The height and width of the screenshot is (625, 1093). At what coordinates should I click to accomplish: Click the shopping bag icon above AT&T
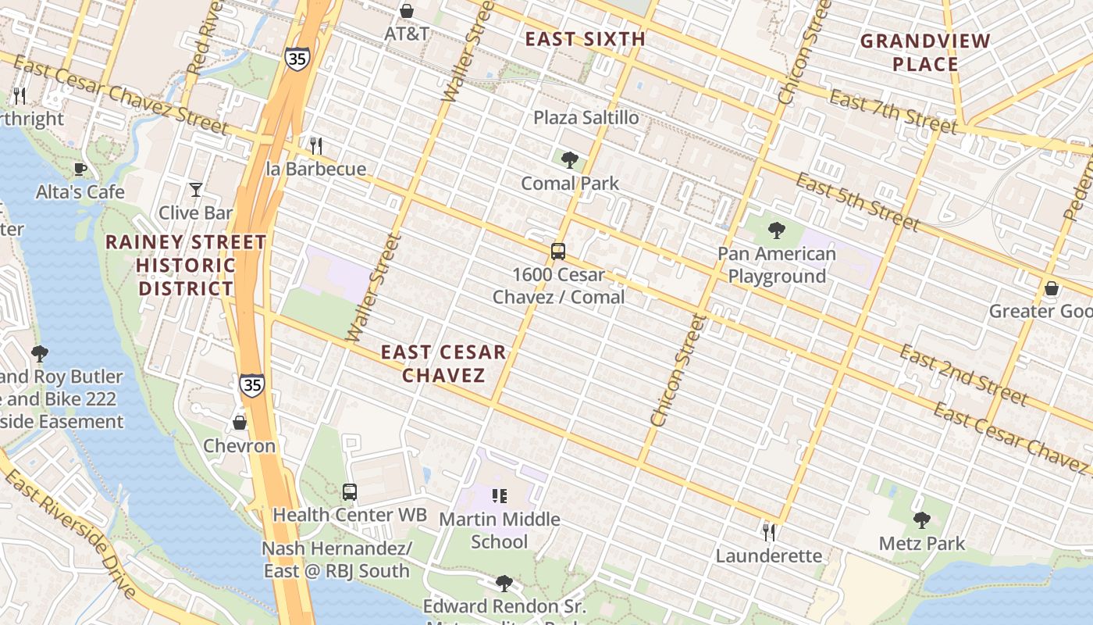[406, 11]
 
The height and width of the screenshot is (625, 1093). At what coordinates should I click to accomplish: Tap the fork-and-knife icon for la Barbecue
[316, 145]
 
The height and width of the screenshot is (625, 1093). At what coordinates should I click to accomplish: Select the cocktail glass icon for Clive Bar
[195, 189]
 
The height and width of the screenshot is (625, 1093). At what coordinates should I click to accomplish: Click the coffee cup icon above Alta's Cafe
[80, 169]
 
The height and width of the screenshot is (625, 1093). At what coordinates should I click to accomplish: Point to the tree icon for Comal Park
[570, 160]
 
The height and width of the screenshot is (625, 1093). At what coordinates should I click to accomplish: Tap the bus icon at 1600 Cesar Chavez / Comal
[558, 252]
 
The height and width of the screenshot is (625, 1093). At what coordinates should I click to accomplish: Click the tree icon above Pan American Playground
[776, 230]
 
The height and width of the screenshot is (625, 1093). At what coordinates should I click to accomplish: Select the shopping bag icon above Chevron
[240, 423]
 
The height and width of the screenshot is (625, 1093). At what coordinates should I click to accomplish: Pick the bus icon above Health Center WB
[350, 492]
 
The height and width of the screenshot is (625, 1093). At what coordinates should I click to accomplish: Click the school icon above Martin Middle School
[500, 495]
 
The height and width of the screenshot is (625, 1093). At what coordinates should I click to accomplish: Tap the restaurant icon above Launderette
[769, 532]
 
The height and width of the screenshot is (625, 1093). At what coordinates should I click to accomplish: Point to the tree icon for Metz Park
[922, 520]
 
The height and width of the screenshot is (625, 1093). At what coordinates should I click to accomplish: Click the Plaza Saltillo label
[586, 118]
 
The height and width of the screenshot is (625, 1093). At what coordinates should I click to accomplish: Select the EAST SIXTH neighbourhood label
[585, 39]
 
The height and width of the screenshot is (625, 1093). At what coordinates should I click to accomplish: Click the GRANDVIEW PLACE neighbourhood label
[925, 52]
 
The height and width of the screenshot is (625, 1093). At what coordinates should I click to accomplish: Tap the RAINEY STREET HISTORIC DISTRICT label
[186, 266]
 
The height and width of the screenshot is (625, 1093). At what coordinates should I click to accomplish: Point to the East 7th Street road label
[892, 111]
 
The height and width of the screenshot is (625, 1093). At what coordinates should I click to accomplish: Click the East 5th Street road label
[857, 202]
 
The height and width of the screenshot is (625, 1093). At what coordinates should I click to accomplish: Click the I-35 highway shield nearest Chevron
[251, 384]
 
